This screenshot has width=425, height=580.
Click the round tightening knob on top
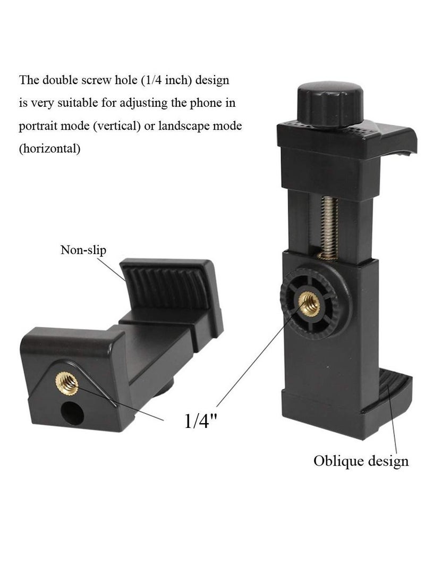coord(326,101)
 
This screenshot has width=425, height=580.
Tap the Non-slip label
coord(83,250)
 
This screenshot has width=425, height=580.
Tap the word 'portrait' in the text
coord(37,127)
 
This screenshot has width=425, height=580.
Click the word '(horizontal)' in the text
coord(50,149)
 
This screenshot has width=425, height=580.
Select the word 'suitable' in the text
coord(74,104)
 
